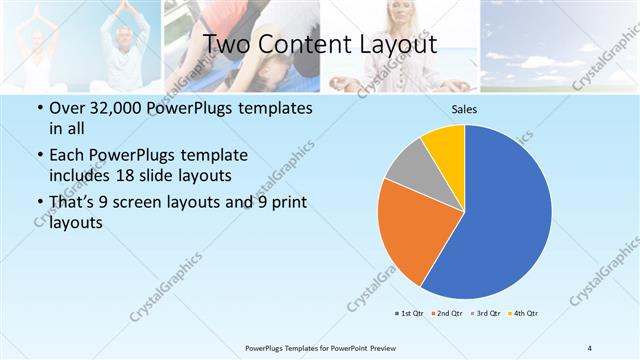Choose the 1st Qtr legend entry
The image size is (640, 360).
coord(410,314)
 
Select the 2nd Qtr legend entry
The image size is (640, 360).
coord(447,314)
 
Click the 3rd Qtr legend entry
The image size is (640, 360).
coord(485,314)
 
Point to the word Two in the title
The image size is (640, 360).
coord(226,45)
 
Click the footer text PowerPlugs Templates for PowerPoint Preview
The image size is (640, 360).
coord(319,348)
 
